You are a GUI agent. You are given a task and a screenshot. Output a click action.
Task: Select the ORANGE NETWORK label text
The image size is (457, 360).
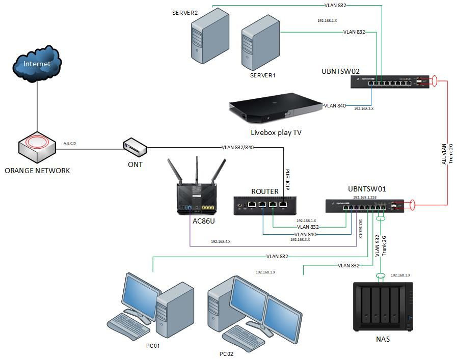(x=37, y=171)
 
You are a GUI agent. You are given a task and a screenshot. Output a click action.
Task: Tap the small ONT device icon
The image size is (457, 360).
(x=135, y=147)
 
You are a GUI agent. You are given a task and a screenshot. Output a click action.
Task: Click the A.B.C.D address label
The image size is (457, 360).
(x=70, y=144)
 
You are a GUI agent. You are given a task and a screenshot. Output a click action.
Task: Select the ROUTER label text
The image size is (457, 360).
(x=265, y=191)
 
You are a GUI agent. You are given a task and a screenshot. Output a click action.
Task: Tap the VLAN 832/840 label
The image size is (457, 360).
(x=238, y=148)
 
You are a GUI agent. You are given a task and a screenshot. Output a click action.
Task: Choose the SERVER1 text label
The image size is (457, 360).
(x=262, y=75)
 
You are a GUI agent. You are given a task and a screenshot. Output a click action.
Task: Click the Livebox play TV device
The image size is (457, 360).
(x=276, y=108)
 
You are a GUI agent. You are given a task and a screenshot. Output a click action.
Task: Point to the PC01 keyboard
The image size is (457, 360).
(x=130, y=325)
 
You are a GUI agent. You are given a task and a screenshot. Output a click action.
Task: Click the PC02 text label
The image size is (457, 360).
(x=227, y=354)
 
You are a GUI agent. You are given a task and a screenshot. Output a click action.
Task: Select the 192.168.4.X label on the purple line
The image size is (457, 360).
(x=221, y=242)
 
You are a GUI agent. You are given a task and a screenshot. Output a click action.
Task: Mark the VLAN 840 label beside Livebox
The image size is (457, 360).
(x=335, y=106)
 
